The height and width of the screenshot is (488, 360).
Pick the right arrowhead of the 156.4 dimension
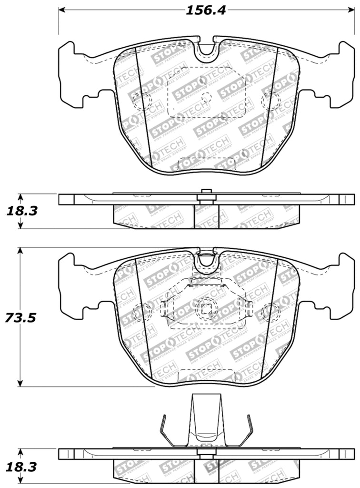point(350,10)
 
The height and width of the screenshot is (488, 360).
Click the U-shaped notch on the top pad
point(206,48)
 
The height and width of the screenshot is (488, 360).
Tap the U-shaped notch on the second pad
point(206,259)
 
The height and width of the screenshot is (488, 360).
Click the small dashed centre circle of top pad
point(206,98)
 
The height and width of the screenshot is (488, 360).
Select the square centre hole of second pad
point(206,308)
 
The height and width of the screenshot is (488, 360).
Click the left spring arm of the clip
point(164,429)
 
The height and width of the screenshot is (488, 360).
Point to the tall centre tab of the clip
point(206,419)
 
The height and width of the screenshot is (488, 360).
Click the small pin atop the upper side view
point(206,192)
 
